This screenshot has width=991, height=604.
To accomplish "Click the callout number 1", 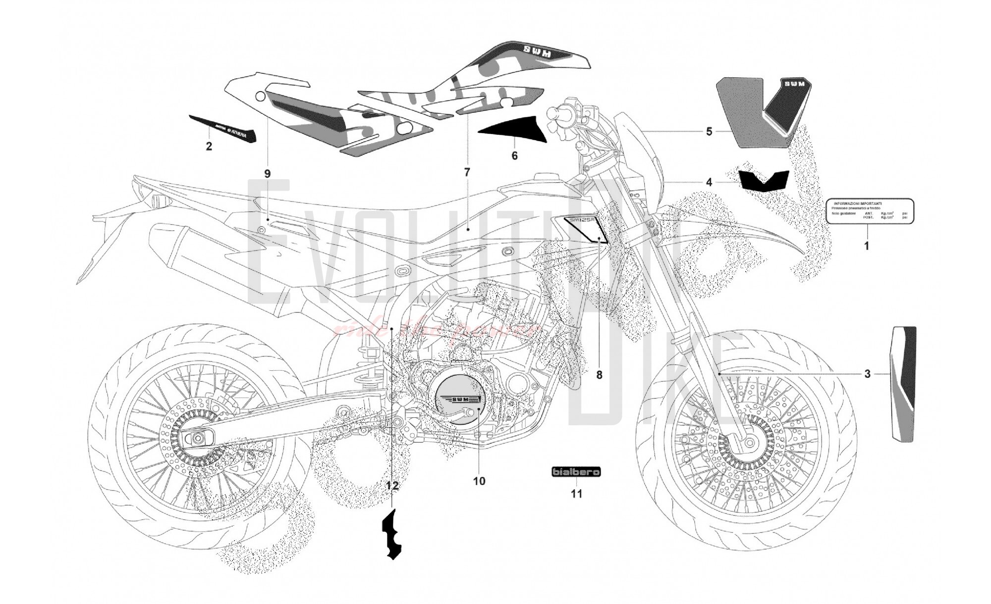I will click(x=866, y=245).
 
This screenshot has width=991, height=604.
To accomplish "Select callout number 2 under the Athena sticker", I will click(x=209, y=146).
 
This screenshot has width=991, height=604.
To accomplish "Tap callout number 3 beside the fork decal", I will click(x=867, y=374).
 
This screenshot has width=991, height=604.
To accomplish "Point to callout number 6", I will click(x=514, y=156).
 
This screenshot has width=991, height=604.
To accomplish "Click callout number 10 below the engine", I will click(x=479, y=481).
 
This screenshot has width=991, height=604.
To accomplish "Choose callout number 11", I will click(x=576, y=494).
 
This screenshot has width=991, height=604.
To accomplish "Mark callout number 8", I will click(x=599, y=375).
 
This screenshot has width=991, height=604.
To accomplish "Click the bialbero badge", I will click(x=576, y=472).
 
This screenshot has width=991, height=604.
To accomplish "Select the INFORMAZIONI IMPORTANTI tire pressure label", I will click(x=870, y=210).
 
